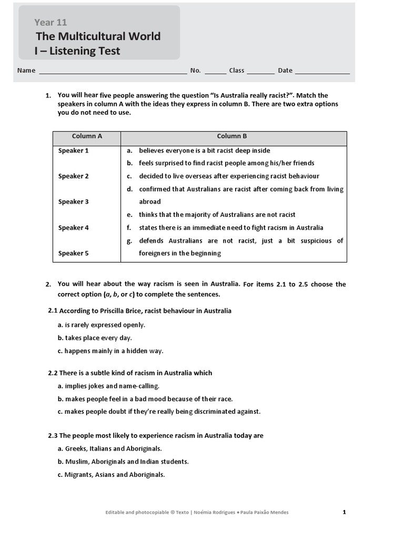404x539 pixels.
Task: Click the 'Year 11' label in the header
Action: click(50, 22)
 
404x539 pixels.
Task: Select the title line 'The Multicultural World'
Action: click(98, 36)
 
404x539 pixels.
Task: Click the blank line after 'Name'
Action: click(113, 71)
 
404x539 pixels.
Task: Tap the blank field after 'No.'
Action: click(215, 71)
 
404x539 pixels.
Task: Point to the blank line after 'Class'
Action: click(260, 71)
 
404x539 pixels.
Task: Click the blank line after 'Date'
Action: click(322, 71)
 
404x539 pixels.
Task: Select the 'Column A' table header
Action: click(87, 136)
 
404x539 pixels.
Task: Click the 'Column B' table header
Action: click(232, 136)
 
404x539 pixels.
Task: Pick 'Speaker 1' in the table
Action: click(73, 151)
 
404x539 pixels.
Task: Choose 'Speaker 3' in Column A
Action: click(73, 202)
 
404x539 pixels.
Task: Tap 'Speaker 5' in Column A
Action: click(73, 253)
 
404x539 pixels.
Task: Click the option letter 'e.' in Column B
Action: click(129, 215)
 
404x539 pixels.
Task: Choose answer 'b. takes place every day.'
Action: click(95, 338)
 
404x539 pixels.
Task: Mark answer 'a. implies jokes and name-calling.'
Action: click(108, 386)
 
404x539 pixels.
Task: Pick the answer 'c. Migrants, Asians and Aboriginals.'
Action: click(111, 474)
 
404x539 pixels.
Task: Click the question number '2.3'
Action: click(53, 436)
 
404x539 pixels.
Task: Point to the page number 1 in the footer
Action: click(344, 512)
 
